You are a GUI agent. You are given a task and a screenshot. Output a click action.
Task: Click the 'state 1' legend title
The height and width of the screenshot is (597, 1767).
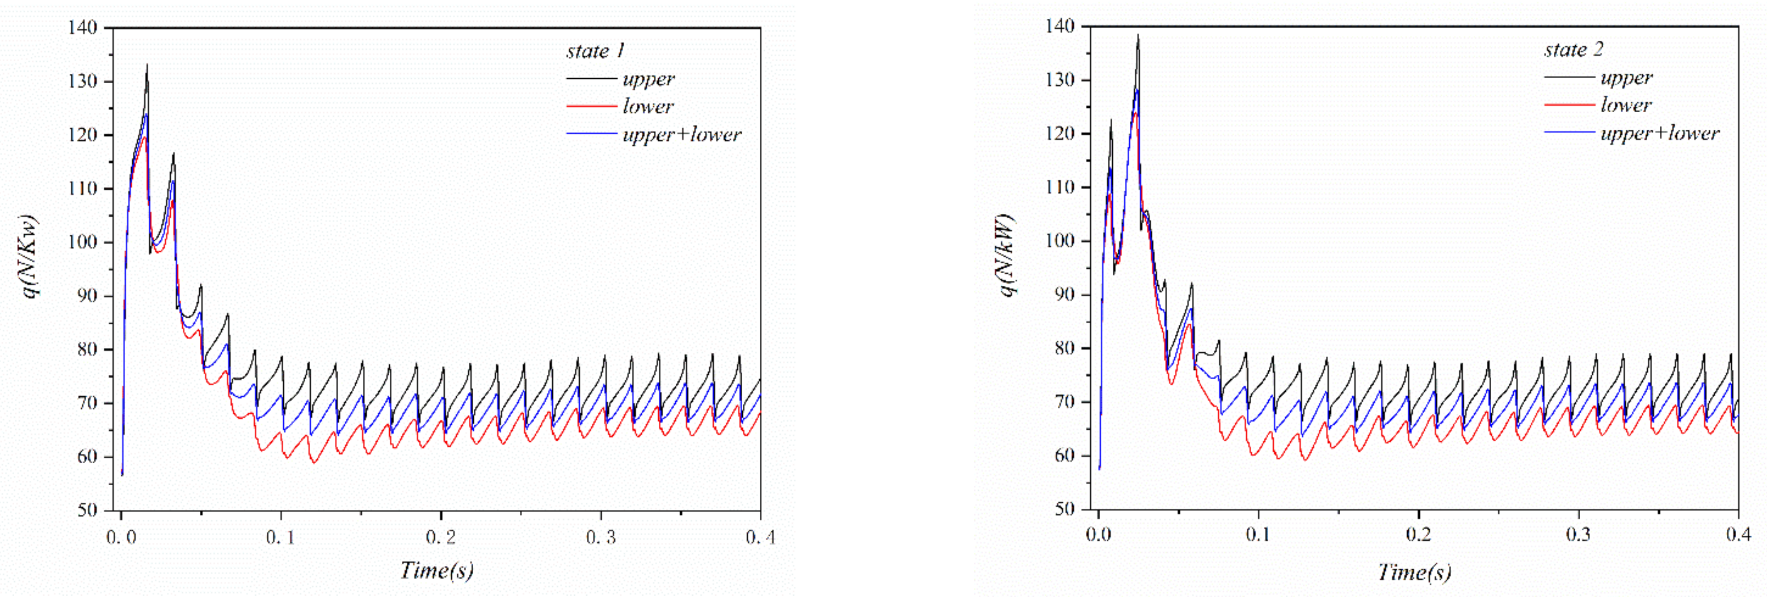(595, 51)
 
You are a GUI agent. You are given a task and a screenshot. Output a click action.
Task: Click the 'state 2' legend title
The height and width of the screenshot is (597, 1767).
(1573, 49)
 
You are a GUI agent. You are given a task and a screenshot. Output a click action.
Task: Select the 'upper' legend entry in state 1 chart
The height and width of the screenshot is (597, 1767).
(648, 79)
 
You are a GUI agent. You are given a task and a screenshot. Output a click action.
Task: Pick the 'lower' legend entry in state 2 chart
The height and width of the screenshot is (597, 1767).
(1626, 105)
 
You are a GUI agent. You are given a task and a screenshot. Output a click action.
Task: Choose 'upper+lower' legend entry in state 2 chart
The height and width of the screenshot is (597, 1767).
(1659, 133)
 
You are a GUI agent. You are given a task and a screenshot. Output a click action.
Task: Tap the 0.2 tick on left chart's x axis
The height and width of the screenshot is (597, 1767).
(441, 537)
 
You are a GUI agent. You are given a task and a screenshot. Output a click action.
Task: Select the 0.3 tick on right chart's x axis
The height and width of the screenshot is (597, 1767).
(1578, 534)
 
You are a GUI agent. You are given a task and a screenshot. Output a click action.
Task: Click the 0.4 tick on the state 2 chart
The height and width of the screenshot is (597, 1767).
(1738, 534)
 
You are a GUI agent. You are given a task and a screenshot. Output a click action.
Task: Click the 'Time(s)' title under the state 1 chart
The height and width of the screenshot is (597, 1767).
(437, 570)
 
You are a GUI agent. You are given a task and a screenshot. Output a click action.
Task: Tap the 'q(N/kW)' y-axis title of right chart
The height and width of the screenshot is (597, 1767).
(1007, 254)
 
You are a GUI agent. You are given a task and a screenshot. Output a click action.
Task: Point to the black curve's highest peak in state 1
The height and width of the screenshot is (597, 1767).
(147, 66)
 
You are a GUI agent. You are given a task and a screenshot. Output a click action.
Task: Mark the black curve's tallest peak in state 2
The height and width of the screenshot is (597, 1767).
(1138, 36)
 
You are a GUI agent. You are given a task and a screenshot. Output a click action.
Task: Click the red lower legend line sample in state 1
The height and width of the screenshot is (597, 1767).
(591, 106)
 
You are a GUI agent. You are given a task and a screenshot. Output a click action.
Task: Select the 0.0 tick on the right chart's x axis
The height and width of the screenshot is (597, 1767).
(1099, 534)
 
